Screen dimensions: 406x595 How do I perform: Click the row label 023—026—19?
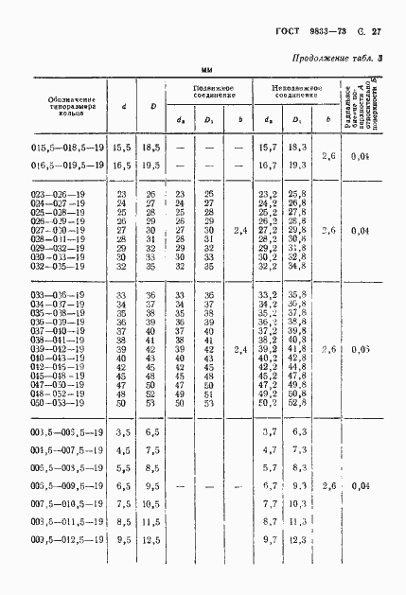[x=54, y=194]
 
